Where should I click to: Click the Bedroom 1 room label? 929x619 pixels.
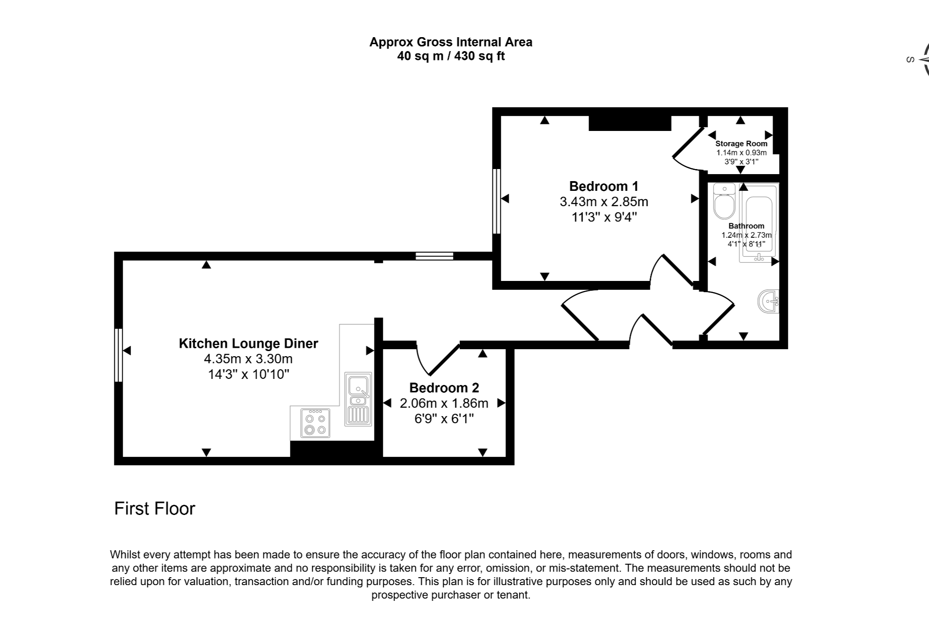[603, 186]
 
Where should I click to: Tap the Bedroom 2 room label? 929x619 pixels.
[444, 388]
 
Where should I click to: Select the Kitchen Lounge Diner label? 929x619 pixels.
[248, 344]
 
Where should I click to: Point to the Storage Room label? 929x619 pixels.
[741, 143]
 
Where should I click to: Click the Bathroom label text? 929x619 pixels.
[746, 226]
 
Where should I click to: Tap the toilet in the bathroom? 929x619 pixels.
[724, 202]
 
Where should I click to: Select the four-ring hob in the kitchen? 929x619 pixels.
[315, 423]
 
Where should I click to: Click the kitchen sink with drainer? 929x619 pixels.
[358, 399]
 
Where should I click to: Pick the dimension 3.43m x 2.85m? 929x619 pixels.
[603, 202]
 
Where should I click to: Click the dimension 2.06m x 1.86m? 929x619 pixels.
[444, 404]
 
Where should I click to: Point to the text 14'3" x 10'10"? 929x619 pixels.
[248, 375]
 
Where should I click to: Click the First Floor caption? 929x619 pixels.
[154, 509]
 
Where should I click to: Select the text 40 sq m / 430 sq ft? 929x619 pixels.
[450, 57]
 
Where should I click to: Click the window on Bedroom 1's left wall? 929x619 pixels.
[497, 201]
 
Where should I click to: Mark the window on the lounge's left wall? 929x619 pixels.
[118, 355]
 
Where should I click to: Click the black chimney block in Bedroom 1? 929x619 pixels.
[629, 123]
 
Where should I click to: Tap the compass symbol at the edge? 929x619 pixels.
[922, 59]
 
